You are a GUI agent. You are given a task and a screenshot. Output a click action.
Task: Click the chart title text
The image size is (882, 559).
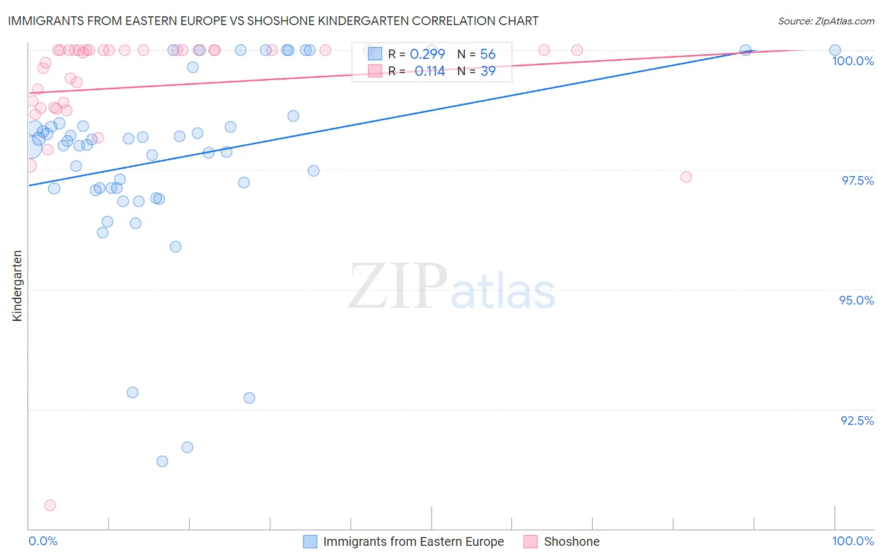[x=273, y=21]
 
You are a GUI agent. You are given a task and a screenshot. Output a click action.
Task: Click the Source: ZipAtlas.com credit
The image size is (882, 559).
[x=826, y=21]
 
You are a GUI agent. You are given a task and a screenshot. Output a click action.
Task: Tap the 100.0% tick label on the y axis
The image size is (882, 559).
[x=853, y=61]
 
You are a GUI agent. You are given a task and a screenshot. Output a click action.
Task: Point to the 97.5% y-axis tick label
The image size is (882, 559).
[x=858, y=180]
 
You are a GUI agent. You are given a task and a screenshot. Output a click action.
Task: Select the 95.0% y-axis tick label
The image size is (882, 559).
[x=856, y=300]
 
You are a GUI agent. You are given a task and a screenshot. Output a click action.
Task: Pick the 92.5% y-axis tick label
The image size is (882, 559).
[x=857, y=421]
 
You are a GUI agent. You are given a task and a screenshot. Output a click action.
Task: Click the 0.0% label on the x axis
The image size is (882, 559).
[x=43, y=541]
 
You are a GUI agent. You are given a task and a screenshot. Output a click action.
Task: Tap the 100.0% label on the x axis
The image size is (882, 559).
[x=853, y=541]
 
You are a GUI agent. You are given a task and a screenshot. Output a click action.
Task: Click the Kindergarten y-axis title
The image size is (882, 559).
[x=17, y=286]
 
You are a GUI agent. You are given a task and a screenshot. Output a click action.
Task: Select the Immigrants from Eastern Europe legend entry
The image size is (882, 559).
[x=413, y=541]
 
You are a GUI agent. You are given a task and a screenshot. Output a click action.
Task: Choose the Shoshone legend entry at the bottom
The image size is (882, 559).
[x=571, y=541]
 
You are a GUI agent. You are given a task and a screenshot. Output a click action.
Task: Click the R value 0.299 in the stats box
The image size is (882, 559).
[x=427, y=55]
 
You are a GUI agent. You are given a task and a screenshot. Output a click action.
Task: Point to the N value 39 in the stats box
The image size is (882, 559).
[x=487, y=71]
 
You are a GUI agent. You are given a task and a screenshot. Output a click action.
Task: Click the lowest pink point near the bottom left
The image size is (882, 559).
[x=50, y=505]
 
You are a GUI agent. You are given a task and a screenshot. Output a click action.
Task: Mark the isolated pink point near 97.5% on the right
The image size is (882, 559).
[x=686, y=177]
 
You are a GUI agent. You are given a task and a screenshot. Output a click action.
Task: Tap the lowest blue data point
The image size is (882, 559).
[x=162, y=461]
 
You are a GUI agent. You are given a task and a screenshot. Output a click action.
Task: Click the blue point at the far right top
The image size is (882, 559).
[x=835, y=50]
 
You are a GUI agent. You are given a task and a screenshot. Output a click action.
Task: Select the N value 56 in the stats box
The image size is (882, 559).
[x=487, y=55]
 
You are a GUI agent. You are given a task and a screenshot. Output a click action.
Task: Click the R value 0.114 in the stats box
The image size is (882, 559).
[x=430, y=71]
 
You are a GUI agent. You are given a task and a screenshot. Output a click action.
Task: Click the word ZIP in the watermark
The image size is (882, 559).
[x=397, y=286]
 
